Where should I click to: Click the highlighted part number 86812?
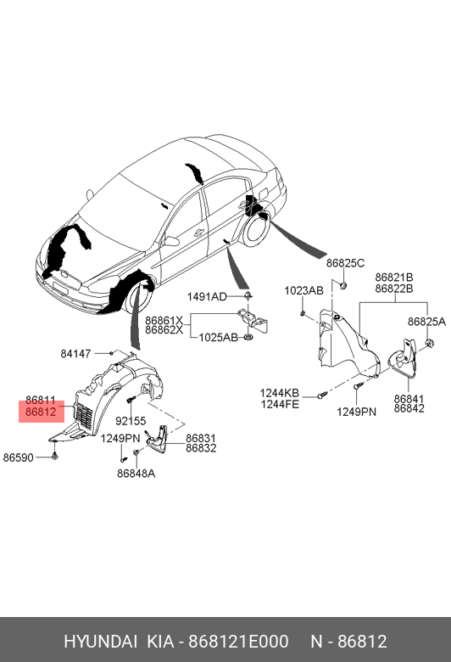(x=41, y=412)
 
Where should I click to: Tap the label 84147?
(x=75, y=354)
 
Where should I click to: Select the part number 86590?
(x=18, y=457)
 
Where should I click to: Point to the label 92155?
(x=131, y=421)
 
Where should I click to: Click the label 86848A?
(x=136, y=474)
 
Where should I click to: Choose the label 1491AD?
(x=207, y=297)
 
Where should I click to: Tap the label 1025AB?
(x=219, y=338)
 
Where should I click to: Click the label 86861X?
(x=164, y=320)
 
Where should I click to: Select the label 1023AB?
(x=303, y=290)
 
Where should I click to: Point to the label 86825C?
(x=345, y=263)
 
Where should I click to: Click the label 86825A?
(x=426, y=322)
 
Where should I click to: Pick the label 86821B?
(x=394, y=278)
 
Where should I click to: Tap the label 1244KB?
(x=279, y=393)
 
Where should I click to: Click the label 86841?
(x=409, y=399)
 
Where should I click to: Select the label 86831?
(x=201, y=438)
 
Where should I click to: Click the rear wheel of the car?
(x=256, y=231)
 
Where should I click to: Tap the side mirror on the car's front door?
(x=171, y=242)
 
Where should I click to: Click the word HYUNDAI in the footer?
(x=100, y=642)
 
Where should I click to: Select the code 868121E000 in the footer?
(x=238, y=642)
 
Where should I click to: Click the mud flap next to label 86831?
(x=157, y=438)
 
